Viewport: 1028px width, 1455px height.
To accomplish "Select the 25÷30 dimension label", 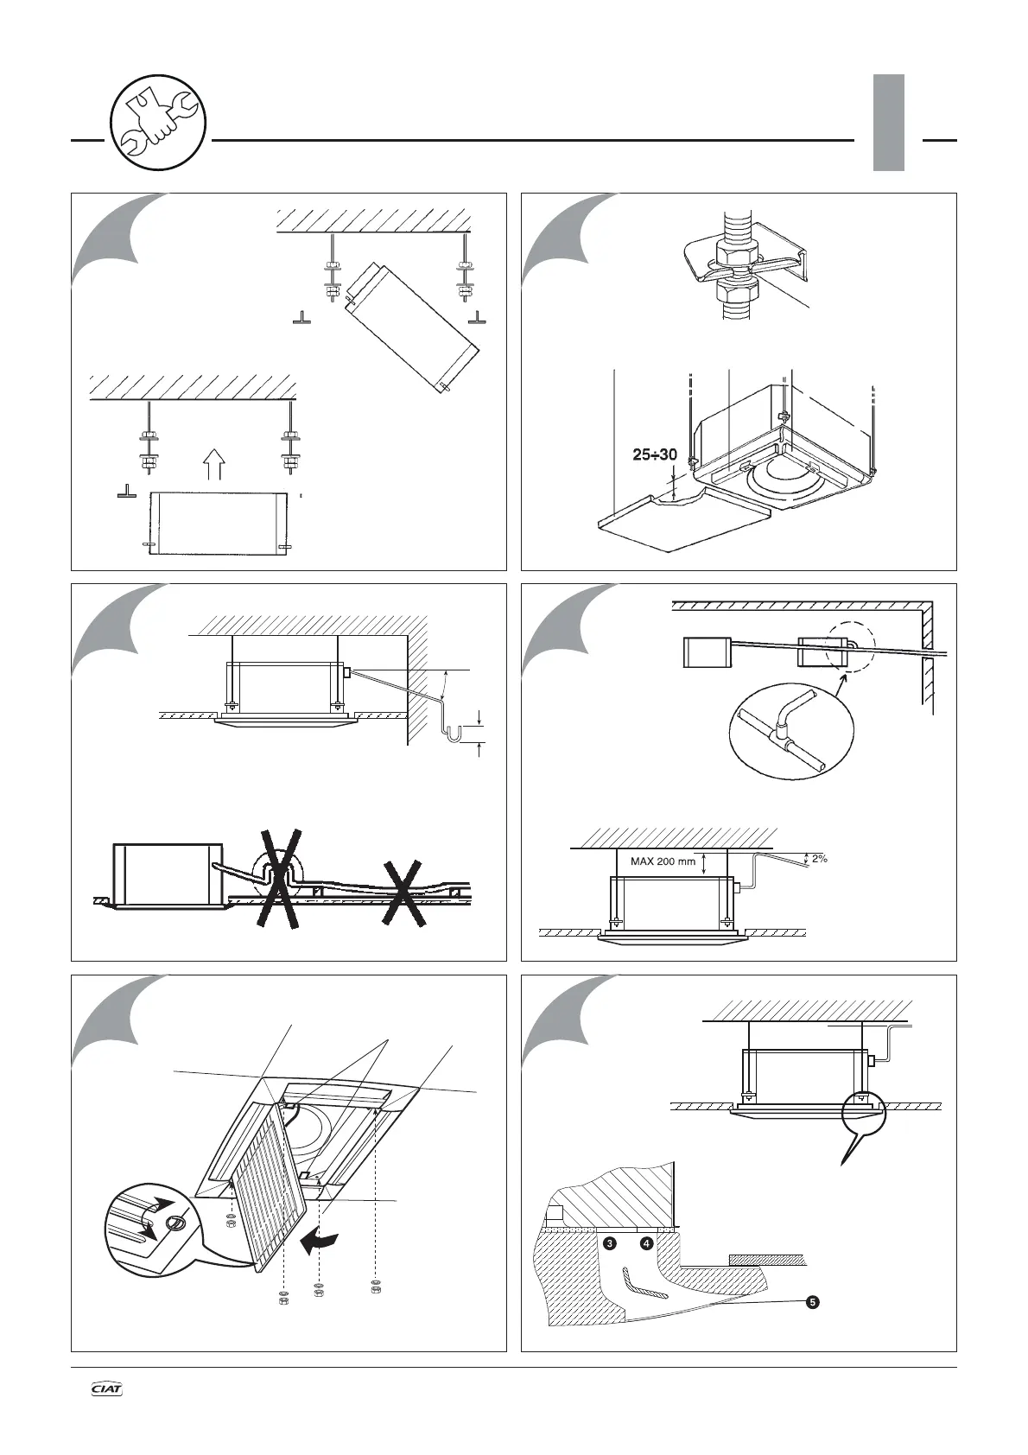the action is tap(654, 454).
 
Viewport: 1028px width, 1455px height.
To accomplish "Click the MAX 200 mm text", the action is tap(663, 861).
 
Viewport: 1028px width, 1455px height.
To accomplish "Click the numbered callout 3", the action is tap(610, 1243).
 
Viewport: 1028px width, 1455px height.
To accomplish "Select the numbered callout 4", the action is tap(645, 1243).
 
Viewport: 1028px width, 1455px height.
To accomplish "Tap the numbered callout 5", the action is tap(811, 1302).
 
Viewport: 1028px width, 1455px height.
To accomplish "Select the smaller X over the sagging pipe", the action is tap(404, 893).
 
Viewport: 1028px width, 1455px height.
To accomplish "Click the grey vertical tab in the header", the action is tap(888, 122).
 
